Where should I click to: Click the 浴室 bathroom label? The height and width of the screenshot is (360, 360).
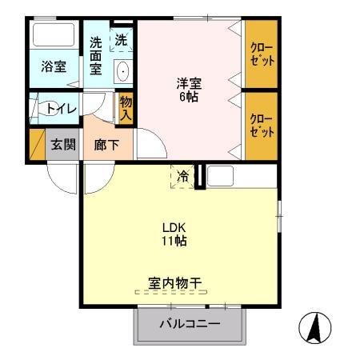point(54,67)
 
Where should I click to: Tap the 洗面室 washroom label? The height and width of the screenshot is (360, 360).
point(96,55)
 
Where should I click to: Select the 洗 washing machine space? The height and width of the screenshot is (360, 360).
point(121,38)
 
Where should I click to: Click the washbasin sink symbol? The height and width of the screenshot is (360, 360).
point(122,72)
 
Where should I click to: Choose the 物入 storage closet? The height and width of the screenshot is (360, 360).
point(126,106)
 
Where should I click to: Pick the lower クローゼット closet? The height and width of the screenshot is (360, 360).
point(262,125)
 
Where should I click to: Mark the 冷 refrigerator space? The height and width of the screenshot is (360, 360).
point(183,176)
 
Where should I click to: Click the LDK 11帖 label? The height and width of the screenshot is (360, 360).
point(175,233)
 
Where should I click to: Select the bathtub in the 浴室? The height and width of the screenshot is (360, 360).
point(54,38)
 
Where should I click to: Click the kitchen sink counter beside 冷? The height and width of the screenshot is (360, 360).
point(221,176)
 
